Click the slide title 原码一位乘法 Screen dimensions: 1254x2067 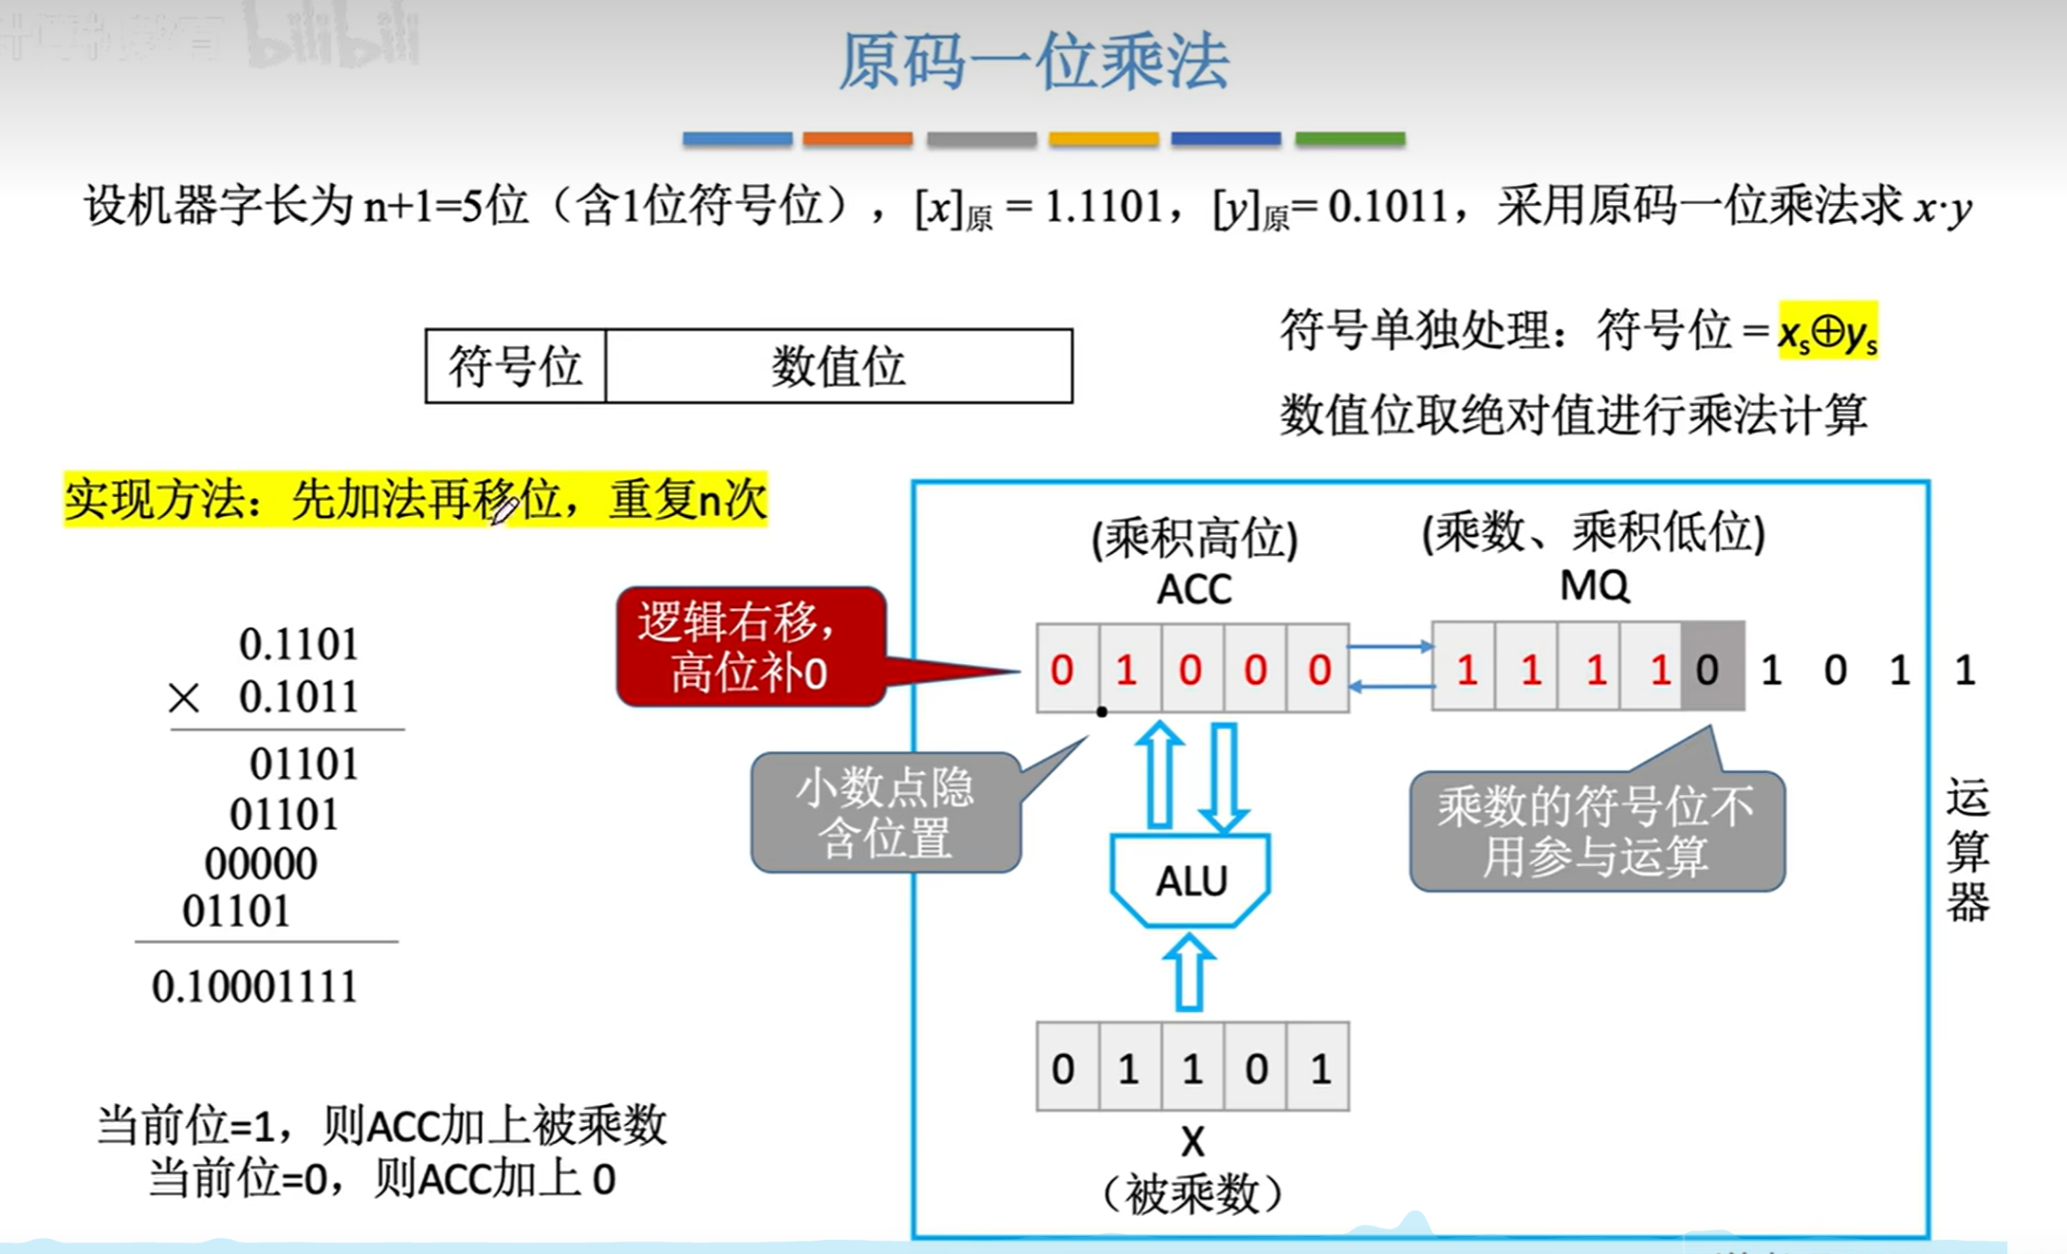tap(1033, 63)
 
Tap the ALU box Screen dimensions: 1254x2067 tap(1190, 881)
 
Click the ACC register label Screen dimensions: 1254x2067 tap(1193, 590)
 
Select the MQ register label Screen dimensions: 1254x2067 tap(1595, 586)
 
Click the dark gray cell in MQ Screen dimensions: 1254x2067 tap(1711, 669)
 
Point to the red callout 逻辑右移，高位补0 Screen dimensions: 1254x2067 tap(749, 647)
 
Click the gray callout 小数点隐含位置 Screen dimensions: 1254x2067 tap(884, 813)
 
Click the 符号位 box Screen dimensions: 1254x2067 tap(515, 366)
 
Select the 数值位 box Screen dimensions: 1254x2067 tap(839, 366)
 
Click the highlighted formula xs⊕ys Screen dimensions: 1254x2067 tap(1827, 332)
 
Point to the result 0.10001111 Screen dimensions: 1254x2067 tap(254, 987)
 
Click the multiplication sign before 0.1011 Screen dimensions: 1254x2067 tap(183, 699)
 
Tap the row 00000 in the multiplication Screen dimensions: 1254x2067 tap(261, 863)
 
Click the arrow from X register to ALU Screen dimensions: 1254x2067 tap(1190, 972)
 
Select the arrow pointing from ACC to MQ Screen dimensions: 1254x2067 tap(1391, 647)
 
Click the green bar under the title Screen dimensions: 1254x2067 tap(1350, 139)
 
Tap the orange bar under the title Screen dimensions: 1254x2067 tap(858, 139)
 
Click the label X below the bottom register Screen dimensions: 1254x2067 tap(1192, 1141)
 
